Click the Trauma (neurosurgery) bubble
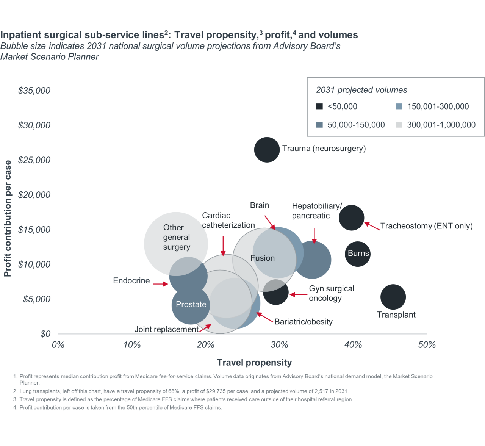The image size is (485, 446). tap(267, 150)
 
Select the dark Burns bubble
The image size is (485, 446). tap(357, 254)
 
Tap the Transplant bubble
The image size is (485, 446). tap(393, 297)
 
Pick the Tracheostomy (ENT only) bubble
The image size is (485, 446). tap(351, 218)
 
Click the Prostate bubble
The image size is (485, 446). tap(191, 305)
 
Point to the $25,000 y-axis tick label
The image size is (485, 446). tap(34, 160)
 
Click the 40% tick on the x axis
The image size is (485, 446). tap(353, 345)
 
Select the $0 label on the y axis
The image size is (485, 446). tap(45, 334)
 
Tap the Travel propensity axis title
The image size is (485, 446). tap(254, 363)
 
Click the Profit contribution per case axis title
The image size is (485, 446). tap(8, 218)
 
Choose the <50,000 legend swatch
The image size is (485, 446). tap(319, 106)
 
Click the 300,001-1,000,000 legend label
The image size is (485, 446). tap(441, 125)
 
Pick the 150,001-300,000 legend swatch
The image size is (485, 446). tap(399, 106)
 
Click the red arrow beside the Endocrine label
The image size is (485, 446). tap(160, 283)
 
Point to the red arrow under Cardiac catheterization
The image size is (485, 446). tap(223, 246)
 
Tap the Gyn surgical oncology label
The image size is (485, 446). tap(331, 293)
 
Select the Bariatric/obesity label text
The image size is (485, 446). tap(303, 322)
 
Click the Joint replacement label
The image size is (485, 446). tap(166, 329)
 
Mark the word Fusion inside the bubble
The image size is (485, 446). tap(262, 258)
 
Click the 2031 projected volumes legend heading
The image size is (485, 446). tap(361, 90)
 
